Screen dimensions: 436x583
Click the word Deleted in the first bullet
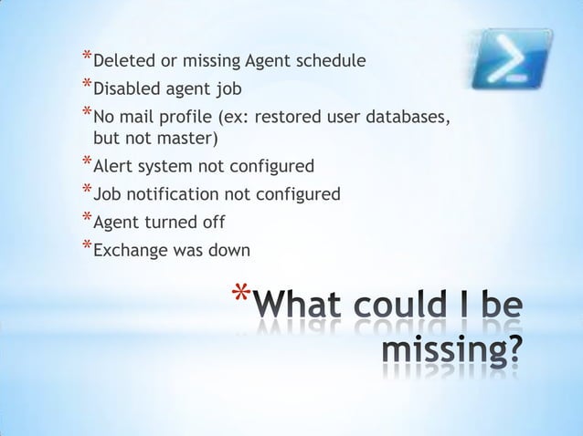[x=124, y=62]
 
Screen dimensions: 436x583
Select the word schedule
[x=332, y=62]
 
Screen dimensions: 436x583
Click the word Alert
[x=114, y=166]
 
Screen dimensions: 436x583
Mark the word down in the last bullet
[x=227, y=248]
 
